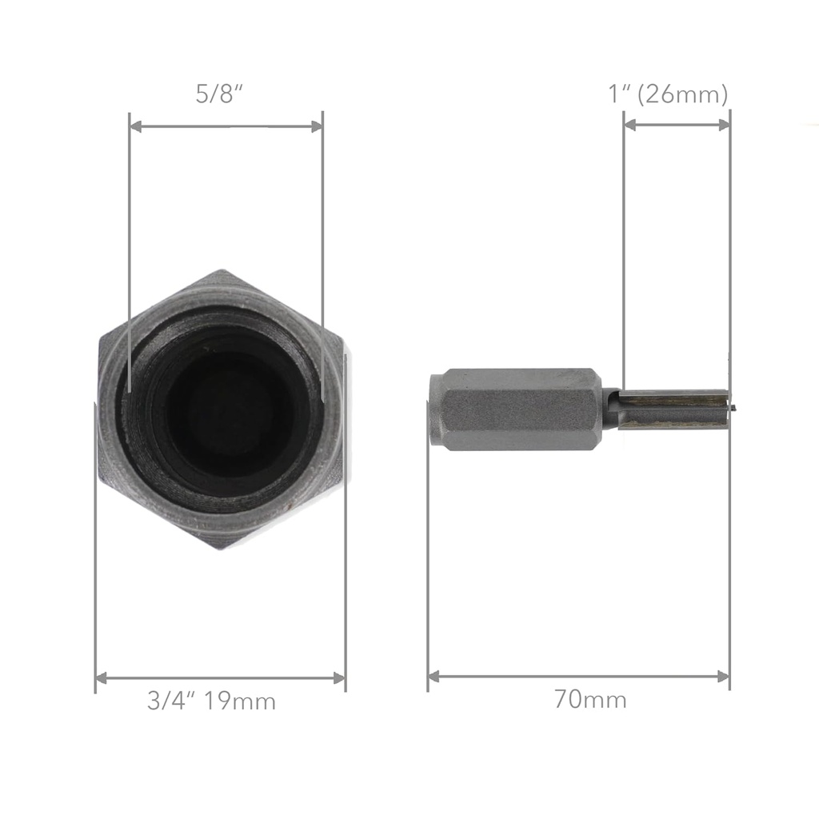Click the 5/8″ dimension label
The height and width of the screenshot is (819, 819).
pos(219,94)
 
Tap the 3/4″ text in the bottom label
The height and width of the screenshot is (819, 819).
pos(171,701)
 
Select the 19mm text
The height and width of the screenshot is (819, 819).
pos(239,701)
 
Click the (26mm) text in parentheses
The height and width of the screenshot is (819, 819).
pos(686,95)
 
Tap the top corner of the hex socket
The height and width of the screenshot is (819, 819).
pos(222,273)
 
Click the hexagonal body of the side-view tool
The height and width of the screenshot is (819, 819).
pos(520,409)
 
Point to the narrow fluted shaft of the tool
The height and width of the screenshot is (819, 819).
pos(672,409)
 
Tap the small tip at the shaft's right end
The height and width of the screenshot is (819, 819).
pos(730,407)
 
